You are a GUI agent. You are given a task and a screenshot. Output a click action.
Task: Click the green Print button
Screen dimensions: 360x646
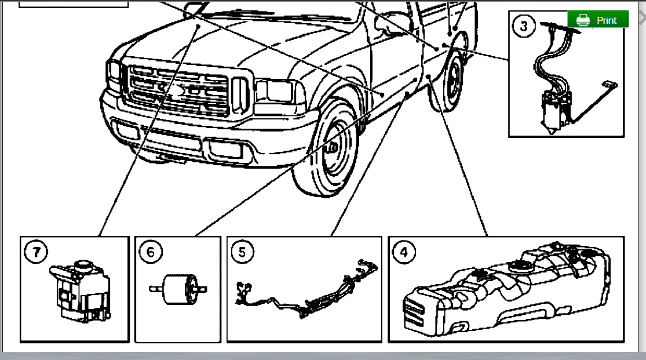click(x=598, y=19)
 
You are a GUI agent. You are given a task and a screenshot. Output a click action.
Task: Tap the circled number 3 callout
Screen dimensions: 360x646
click(x=524, y=26)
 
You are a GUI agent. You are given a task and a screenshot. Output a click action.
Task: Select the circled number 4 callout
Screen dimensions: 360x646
click(x=404, y=252)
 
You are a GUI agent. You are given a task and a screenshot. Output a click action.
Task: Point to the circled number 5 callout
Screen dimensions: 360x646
click(x=242, y=252)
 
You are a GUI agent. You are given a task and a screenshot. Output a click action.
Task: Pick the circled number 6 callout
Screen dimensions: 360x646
click(x=151, y=252)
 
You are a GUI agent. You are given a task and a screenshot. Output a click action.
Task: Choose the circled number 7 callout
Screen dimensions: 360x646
click(x=37, y=252)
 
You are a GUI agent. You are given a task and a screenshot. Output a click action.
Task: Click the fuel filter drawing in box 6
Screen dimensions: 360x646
click(x=178, y=288)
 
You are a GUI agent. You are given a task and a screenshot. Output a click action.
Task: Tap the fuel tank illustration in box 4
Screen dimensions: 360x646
click(x=510, y=293)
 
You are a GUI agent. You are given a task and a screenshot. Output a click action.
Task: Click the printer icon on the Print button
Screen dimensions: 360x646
click(x=582, y=20)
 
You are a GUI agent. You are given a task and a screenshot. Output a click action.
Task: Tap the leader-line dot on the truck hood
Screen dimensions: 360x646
click(x=198, y=26)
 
